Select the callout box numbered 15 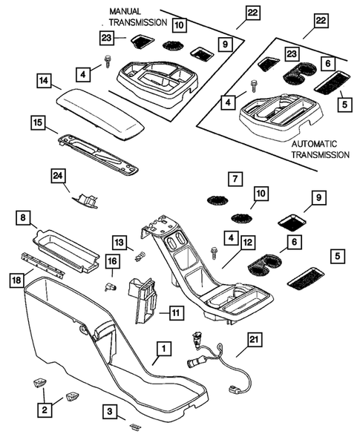39,122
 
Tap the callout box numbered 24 59,175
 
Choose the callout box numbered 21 254,339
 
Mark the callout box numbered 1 164,346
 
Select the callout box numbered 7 233,179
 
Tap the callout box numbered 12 246,241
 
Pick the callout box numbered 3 110,410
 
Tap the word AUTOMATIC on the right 312,143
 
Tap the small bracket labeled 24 87,198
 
